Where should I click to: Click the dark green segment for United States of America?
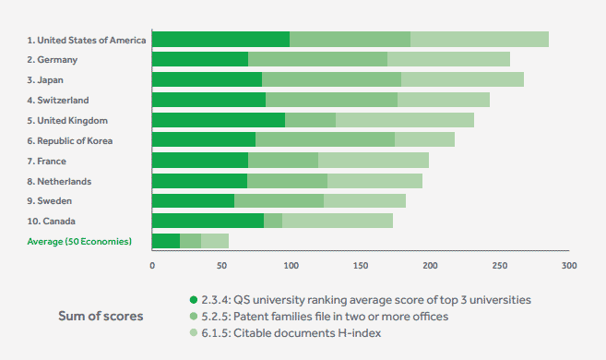click(220, 39)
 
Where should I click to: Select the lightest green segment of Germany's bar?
click(448, 59)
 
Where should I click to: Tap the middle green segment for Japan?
click(331, 79)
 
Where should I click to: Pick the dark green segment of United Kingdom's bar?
click(219, 120)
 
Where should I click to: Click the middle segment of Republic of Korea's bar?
click(325, 139)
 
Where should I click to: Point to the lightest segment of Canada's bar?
click(338, 221)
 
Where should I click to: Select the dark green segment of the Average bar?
click(166, 241)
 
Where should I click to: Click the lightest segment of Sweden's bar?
click(364, 200)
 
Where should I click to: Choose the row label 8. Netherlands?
click(58, 181)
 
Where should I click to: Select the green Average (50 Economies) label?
click(78, 242)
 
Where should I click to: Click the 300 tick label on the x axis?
click(569, 266)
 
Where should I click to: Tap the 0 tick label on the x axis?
click(152, 266)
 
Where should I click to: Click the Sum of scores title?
click(101, 317)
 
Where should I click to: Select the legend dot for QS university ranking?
click(193, 300)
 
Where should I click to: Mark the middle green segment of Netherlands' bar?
click(287, 181)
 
